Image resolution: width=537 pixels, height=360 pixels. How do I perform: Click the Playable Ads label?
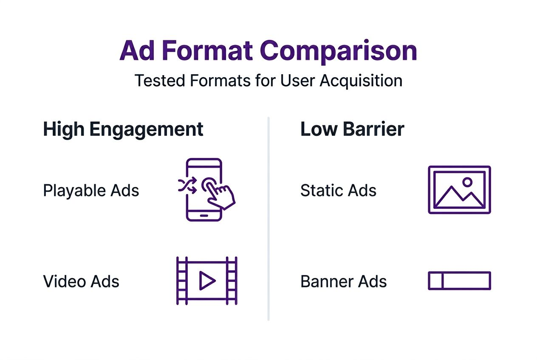(x=91, y=191)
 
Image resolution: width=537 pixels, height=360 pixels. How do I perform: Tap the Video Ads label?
(x=81, y=281)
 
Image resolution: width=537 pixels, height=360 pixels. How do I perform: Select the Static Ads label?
(x=338, y=191)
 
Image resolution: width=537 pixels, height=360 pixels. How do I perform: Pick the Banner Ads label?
(x=343, y=281)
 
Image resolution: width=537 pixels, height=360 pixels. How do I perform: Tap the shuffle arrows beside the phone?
(x=187, y=186)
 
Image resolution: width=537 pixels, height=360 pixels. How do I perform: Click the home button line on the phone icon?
(x=204, y=215)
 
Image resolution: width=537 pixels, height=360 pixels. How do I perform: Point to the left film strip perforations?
(x=182, y=281)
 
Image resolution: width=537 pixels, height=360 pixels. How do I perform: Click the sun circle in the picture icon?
(x=467, y=182)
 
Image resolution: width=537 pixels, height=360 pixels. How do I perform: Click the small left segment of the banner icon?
(x=436, y=281)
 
